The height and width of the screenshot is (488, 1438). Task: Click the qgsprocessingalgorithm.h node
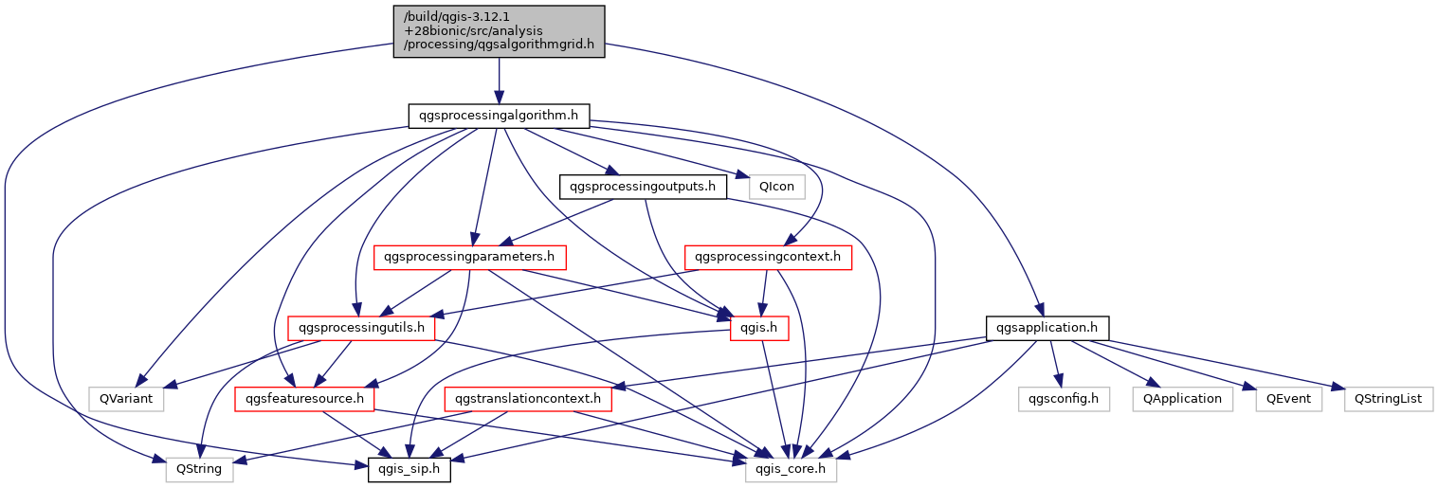pos(499,116)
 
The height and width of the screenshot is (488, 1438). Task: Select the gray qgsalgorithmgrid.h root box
pos(499,31)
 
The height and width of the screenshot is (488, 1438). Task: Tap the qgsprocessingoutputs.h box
pos(643,187)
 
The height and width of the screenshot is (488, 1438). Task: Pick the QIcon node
pos(776,187)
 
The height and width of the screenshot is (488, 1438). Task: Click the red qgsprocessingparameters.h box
pos(470,257)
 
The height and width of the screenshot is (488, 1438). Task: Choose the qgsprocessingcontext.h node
pos(768,257)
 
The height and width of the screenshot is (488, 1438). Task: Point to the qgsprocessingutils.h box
pos(361,328)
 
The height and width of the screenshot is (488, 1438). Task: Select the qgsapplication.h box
pos(1047,328)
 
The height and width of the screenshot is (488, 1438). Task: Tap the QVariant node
pos(126,399)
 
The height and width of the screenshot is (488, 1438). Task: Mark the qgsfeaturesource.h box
pos(305,399)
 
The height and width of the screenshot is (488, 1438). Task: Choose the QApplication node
pos(1182,399)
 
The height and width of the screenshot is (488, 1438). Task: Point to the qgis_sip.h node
pos(410,469)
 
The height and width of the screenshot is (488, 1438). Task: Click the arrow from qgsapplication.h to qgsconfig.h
pos(1055,364)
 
